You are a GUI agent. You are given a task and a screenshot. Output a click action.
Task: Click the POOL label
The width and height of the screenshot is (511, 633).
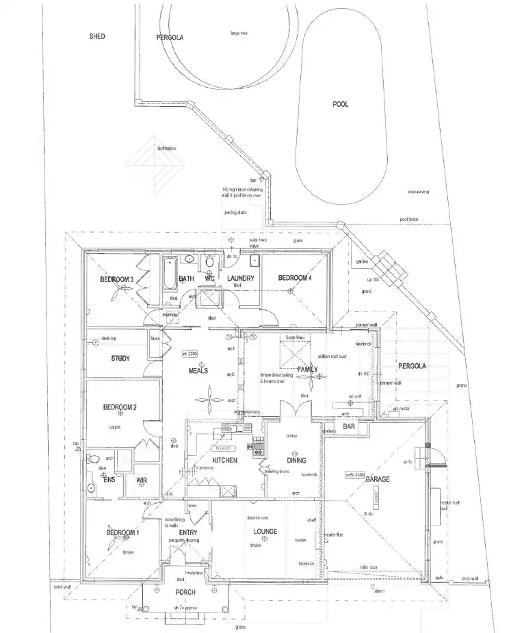coord(340,104)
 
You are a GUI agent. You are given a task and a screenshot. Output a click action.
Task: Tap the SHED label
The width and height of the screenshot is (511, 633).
coord(97,36)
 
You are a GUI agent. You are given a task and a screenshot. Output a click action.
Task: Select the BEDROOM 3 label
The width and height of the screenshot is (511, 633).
coord(116,280)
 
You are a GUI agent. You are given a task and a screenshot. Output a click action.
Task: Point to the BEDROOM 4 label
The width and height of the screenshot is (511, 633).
coord(294,278)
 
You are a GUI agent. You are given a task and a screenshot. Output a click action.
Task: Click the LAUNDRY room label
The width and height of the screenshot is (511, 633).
coord(241,279)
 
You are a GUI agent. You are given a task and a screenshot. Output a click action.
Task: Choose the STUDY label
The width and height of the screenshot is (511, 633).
coord(120,359)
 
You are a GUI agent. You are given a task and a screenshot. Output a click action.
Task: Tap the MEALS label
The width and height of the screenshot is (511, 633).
coord(198,372)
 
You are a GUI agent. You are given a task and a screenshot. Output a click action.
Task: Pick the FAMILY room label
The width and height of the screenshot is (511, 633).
coord(308,370)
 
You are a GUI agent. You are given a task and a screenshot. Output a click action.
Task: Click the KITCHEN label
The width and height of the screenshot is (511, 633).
coord(224,461)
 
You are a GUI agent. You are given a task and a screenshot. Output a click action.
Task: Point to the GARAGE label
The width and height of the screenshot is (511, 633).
coord(377,479)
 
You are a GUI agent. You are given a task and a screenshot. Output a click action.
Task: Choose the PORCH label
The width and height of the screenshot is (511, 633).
coord(185,592)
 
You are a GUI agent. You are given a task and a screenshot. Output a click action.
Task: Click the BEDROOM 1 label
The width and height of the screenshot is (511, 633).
coord(122,533)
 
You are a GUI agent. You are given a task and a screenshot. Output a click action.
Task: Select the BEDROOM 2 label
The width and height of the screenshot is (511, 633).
coord(120,407)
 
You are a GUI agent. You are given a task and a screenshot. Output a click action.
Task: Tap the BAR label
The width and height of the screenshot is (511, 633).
coord(349,427)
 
